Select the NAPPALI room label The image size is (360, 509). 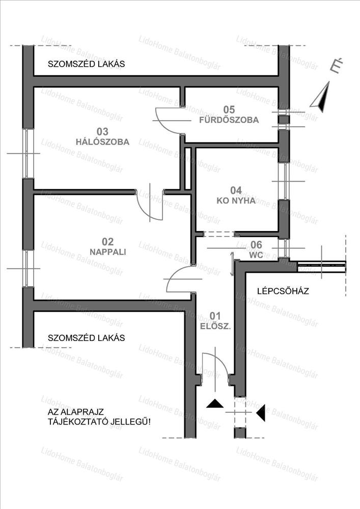pyautogui.click(x=107, y=251)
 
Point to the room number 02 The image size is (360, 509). pyautogui.click(x=107, y=241)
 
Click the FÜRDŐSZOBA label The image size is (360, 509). pyautogui.click(x=229, y=120)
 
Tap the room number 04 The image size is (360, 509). pyautogui.click(x=236, y=190)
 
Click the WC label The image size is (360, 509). pyautogui.click(x=257, y=256)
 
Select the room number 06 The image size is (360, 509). pyautogui.click(x=257, y=245)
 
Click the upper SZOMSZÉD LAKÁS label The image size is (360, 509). pyautogui.click(x=86, y=64)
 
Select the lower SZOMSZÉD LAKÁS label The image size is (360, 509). pyautogui.click(x=86, y=337)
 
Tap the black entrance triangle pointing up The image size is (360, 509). pyautogui.click(x=215, y=404)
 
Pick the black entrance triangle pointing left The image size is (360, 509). pyautogui.click(x=261, y=412)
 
